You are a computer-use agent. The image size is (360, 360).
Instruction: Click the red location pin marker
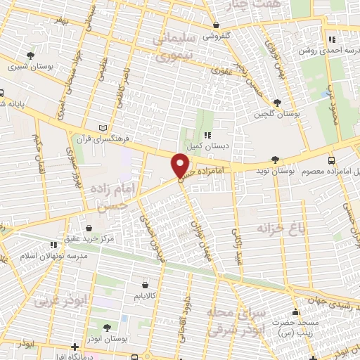[180, 166]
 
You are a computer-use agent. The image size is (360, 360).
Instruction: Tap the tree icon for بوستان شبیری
[30, 56]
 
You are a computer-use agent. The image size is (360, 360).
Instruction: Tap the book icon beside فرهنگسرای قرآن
[103, 128]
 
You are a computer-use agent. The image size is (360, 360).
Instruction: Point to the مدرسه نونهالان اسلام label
[53, 255]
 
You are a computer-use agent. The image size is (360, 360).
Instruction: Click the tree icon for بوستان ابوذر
[106, 327]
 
